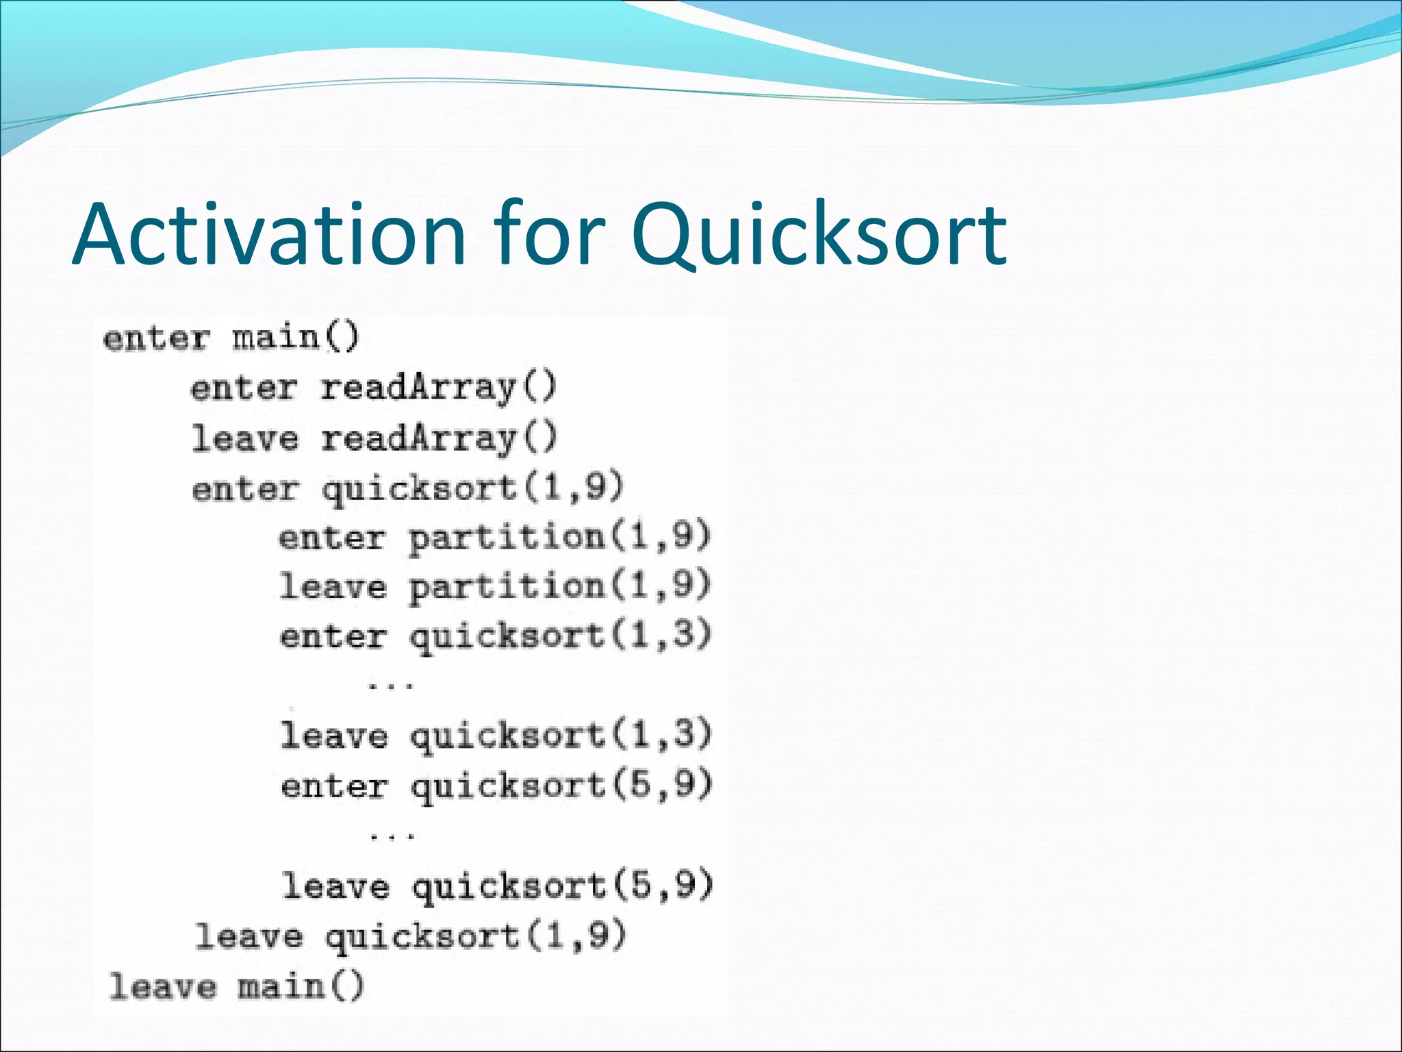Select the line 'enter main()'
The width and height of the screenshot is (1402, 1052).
[x=231, y=338]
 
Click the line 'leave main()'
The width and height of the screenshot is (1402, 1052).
[x=236, y=987]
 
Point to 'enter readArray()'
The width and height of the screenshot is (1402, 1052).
[x=373, y=388]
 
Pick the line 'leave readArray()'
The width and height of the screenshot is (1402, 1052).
[x=374, y=438]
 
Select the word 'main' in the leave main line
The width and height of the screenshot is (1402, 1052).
[x=281, y=987]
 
